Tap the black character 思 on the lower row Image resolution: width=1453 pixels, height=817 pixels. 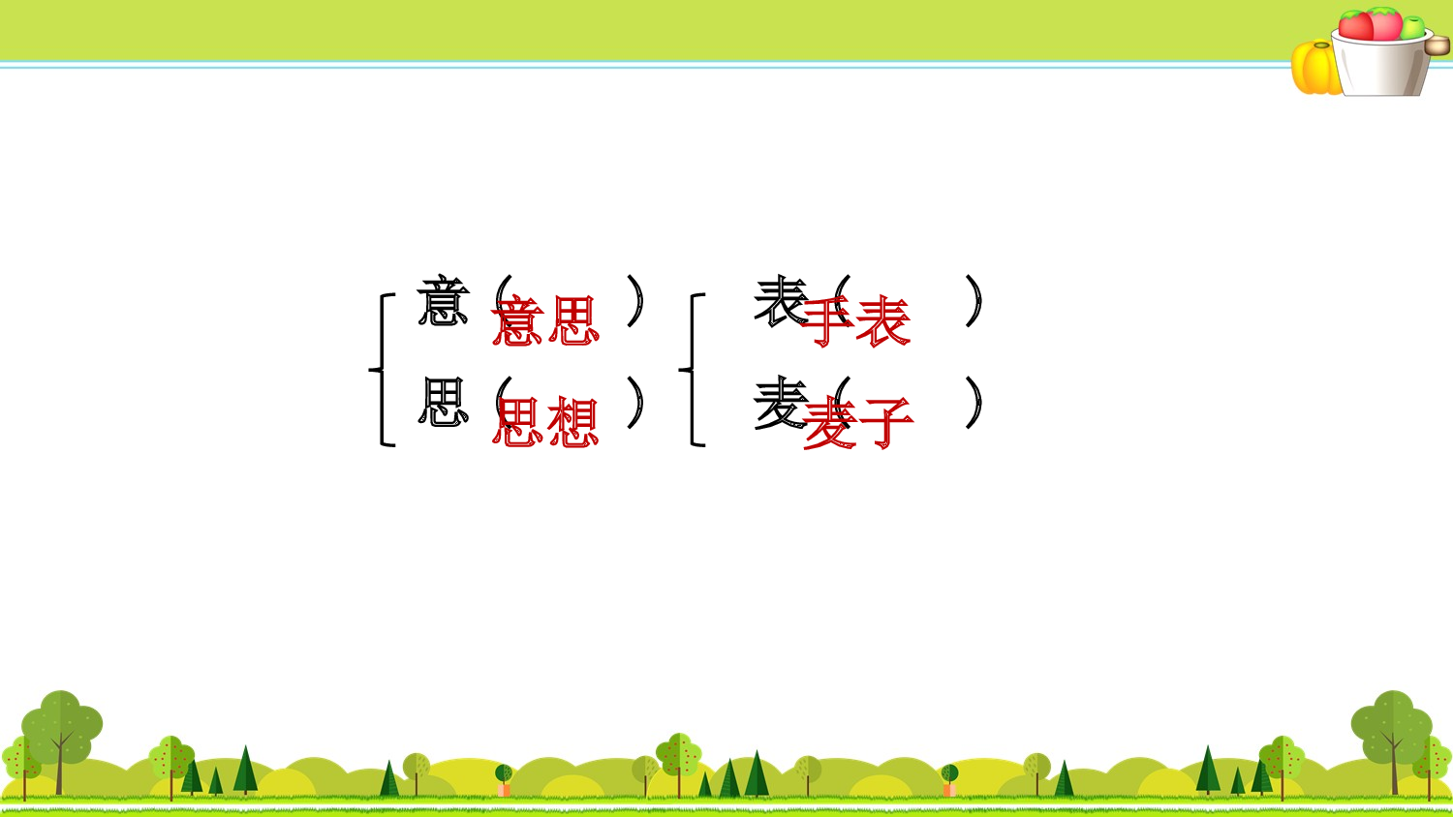point(443,403)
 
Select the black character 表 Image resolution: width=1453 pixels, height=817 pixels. point(780,301)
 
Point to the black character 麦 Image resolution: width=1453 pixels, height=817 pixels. point(780,403)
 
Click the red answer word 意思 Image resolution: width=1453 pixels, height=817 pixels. point(546,321)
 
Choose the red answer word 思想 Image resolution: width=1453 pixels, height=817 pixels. point(546,423)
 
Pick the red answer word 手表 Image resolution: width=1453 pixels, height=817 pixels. point(856,321)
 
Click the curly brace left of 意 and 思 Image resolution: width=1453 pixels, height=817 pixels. point(383,370)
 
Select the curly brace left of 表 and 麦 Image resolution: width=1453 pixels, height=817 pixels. point(693,370)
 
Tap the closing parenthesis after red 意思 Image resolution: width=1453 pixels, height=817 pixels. point(634,301)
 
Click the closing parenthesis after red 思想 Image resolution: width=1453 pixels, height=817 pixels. point(634,403)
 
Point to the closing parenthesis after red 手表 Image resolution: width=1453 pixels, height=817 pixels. point(974,301)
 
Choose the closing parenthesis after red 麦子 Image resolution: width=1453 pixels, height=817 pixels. point(974,403)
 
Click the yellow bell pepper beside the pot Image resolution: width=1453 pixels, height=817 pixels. point(1314,68)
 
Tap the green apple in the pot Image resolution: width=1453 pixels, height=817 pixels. point(1413,27)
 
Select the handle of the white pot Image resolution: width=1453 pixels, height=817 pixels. point(1438,45)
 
